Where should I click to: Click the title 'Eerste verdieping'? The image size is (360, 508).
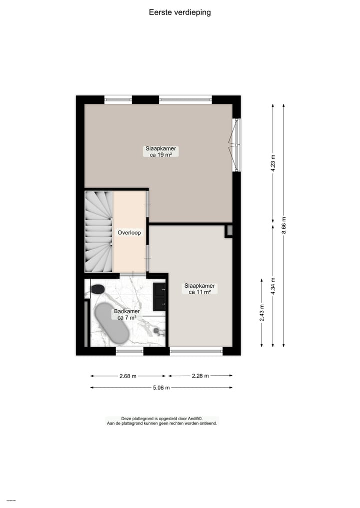179,12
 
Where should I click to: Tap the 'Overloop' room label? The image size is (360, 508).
129,233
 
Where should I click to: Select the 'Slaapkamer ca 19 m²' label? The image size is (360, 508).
160,152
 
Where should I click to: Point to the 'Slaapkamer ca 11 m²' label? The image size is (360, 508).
199,289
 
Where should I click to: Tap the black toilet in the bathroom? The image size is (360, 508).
97,289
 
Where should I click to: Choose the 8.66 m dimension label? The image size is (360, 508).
284,226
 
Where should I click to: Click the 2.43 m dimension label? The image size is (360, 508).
262,313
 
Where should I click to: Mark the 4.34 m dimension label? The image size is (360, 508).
273,286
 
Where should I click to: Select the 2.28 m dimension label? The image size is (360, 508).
200,376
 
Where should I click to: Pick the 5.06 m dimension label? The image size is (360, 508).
160,388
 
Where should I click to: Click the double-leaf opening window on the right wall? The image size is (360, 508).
235,145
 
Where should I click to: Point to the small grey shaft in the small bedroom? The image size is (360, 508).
229,231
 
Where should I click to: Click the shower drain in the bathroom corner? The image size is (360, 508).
156,331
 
